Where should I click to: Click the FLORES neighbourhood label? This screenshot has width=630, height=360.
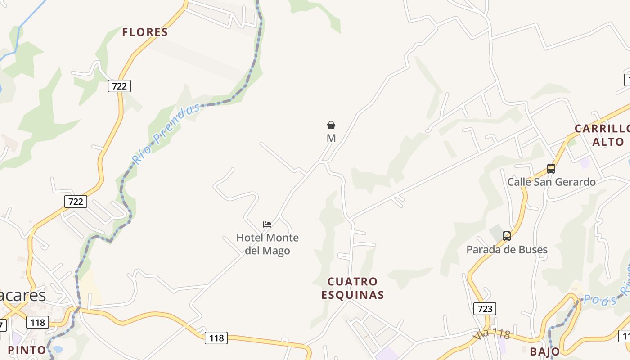click(x=145, y=32)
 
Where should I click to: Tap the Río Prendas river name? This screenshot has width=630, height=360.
click(x=166, y=133)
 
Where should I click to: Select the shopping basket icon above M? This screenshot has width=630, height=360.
click(x=331, y=125)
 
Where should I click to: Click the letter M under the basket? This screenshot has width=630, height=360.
click(x=331, y=138)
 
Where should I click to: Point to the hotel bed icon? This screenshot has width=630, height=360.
click(x=267, y=224)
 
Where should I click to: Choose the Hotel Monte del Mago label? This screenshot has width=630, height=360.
click(x=267, y=244)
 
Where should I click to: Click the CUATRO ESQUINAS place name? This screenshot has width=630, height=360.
click(x=352, y=288)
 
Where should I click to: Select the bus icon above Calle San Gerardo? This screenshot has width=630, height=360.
click(x=551, y=169)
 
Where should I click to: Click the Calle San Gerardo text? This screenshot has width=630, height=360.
click(x=551, y=182)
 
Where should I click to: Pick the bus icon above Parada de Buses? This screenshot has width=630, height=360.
click(x=507, y=236)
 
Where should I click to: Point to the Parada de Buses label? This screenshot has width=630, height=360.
click(x=507, y=249)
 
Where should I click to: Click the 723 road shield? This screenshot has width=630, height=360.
click(x=485, y=308)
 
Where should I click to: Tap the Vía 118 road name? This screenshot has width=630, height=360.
click(x=491, y=334)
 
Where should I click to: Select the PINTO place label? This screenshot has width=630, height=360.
click(x=27, y=350)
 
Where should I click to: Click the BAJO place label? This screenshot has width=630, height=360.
click(x=545, y=351)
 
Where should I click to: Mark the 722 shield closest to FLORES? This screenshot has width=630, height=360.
click(x=119, y=85)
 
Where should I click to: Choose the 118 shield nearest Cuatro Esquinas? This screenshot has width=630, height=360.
click(x=216, y=337)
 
